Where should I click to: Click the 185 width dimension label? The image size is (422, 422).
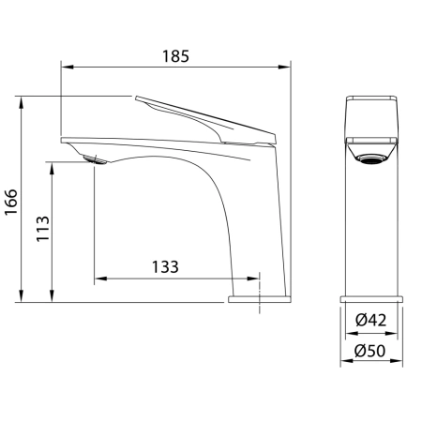(175, 56)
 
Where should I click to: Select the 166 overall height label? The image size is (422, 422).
(11, 202)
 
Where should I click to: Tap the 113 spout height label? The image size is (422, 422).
(43, 229)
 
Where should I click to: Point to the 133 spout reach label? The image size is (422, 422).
(165, 266)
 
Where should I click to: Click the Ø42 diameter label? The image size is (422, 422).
(371, 320)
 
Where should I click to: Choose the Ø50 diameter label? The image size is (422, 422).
(370, 351)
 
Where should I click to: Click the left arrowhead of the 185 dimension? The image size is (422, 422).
(67, 67)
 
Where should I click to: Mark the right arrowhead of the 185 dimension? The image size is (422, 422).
(285, 67)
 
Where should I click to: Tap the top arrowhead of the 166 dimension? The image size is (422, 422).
(22, 102)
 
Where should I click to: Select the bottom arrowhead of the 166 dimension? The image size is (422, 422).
(22, 296)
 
